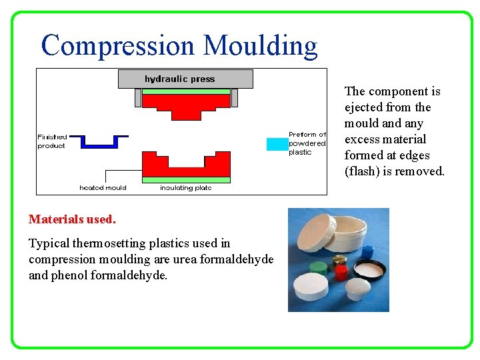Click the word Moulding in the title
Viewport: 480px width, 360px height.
[261, 46]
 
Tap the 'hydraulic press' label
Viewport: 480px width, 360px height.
[180, 79]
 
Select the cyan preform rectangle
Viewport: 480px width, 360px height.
[276, 143]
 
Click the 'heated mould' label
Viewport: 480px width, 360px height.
[103, 187]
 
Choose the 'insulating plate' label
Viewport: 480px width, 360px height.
[185, 187]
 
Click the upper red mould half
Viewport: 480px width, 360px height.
[186, 104]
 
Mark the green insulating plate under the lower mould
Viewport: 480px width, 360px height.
[186, 179]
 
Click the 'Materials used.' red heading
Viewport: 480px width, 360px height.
[72, 219]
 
